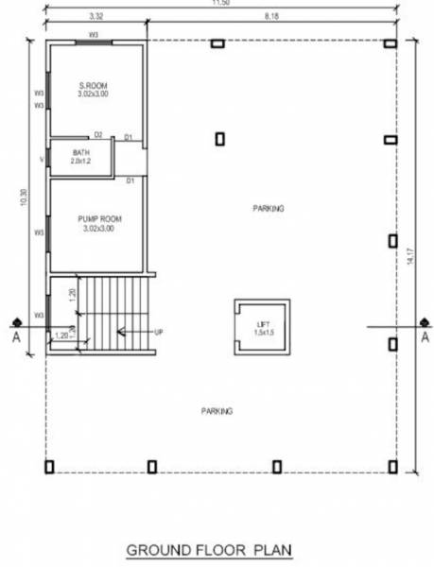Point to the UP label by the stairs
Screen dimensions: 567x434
pos(158,332)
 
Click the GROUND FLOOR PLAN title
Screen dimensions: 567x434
pos(210,548)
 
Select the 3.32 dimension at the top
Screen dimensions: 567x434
pos(95,16)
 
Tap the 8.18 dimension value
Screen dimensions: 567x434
pos(271,16)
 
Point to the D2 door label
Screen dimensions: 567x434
pos(97,135)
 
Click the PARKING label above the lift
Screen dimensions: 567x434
pos(269,208)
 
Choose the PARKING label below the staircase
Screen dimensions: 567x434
pos(217,411)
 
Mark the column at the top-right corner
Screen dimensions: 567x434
pos(390,43)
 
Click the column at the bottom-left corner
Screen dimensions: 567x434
pos(49,466)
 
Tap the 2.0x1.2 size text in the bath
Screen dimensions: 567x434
pos(82,162)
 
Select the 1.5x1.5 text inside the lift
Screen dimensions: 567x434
pos(263,333)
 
